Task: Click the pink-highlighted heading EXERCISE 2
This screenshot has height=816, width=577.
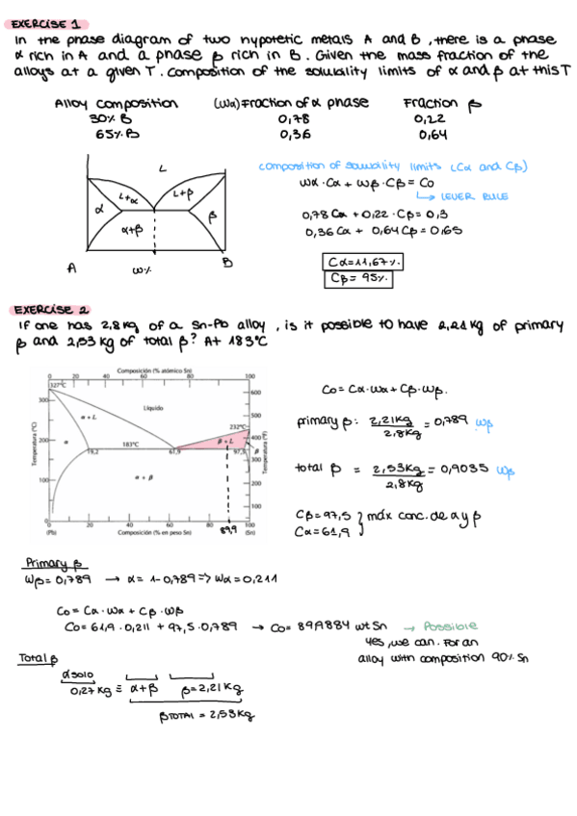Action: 51,310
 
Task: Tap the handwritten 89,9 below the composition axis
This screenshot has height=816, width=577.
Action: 228,531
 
